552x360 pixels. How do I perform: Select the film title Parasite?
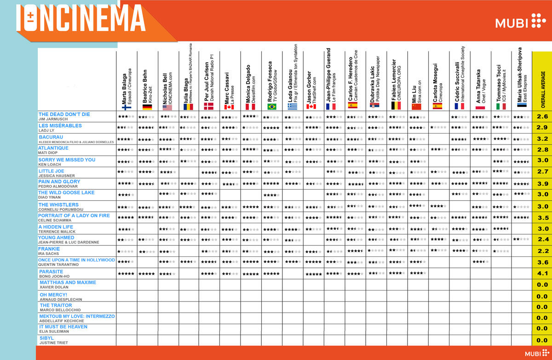(x=51, y=272)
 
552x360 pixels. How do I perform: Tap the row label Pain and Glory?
(x=59, y=182)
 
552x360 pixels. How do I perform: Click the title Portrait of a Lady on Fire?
(x=74, y=215)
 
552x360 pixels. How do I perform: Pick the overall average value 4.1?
(x=542, y=274)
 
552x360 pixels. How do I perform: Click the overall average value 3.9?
(x=542, y=184)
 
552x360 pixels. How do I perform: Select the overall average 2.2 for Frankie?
(x=542, y=251)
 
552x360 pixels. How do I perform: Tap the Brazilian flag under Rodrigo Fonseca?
(x=272, y=107)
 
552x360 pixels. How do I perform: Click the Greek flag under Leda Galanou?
(x=293, y=107)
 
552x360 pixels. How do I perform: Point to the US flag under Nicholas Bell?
(x=167, y=107)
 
